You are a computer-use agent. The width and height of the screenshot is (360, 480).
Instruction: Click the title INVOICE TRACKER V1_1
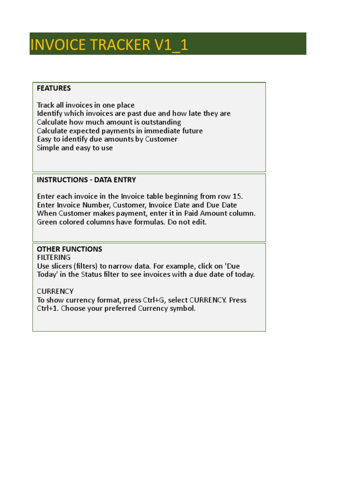tap(109, 45)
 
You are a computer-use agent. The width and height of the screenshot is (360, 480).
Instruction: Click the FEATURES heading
tap(54, 88)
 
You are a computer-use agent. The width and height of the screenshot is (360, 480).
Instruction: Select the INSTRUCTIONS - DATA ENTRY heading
tap(86, 180)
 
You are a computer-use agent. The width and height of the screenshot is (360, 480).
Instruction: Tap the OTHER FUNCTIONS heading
tap(69, 249)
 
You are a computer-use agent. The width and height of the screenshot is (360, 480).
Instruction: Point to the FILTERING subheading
tap(53, 257)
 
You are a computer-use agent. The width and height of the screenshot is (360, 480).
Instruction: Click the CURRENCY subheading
tap(55, 291)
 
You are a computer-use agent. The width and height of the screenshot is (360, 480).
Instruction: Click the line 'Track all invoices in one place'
tap(86, 105)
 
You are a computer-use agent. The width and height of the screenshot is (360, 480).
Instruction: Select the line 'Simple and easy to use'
tap(75, 148)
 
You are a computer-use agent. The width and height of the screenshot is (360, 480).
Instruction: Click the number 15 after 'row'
tap(238, 196)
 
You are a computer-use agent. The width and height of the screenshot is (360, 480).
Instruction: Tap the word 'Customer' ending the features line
tap(161, 139)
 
